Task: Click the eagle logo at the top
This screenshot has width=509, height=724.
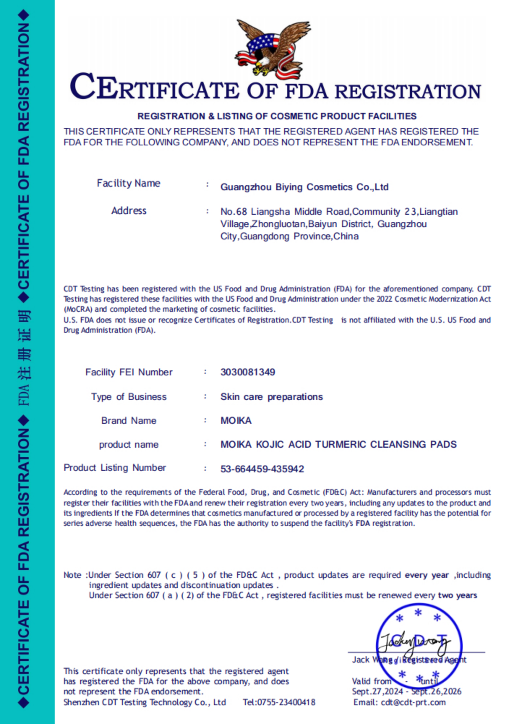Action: tap(273, 49)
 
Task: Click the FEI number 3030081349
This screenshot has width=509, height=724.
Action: tap(248, 372)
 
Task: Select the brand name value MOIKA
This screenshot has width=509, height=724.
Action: tap(236, 421)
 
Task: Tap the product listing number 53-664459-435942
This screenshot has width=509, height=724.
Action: tap(262, 469)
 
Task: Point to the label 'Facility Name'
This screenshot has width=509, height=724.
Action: tap(128, 183)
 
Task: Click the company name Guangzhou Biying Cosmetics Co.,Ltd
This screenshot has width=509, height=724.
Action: tap(304, 187)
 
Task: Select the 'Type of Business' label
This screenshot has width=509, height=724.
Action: tap(129, 397)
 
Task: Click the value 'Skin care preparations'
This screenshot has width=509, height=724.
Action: tap(271, 397)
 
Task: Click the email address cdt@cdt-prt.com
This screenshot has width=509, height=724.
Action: tap(413, 702)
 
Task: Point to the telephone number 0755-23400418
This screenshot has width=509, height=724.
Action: tap(279, 702)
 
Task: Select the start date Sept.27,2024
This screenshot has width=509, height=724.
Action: tap(377, 691)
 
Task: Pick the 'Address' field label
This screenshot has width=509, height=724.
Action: tap(129, 211)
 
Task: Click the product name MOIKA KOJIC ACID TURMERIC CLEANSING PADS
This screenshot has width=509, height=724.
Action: tap(338, 444)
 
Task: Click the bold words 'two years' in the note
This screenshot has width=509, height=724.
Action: tap(457, 595)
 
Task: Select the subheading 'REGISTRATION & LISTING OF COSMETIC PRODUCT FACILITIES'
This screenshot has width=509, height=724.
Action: tap(277, 116)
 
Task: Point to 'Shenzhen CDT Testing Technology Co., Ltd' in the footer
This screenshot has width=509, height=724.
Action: tap(145, 702)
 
